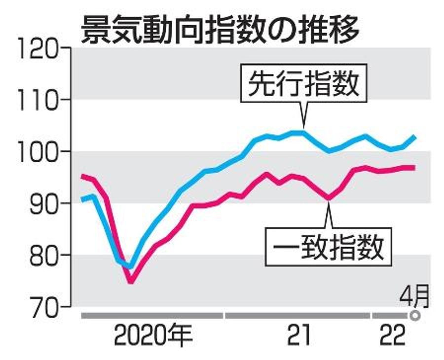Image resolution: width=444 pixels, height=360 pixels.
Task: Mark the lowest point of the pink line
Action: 131,282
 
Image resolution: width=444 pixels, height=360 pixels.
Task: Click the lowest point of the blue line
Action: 130,267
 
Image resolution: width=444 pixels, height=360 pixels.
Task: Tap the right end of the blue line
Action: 415,137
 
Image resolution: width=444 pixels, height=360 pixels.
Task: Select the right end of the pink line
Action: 415,168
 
